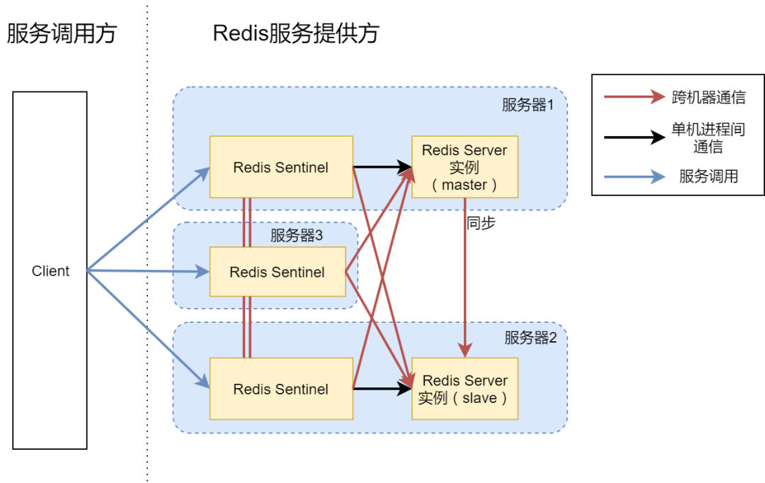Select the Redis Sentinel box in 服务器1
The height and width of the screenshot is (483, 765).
[280, 168]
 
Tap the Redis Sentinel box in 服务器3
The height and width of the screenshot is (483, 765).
[277, 272]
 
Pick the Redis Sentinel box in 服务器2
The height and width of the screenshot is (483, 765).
[280, 389]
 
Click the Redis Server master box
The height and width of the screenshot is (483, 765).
[465, 167]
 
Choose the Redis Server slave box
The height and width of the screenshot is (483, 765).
[465, 389]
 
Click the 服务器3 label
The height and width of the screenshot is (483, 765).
[296, 236]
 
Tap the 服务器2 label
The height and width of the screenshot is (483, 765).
[531, 338]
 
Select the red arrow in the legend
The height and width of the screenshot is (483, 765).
[634, 97]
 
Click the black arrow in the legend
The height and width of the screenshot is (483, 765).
[634, 137]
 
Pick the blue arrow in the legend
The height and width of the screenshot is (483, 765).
[634, 176]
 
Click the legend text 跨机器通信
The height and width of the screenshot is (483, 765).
[708, 97]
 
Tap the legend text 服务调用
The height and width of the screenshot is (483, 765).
[708, 176]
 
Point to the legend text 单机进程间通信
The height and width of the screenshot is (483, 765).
[708, 138]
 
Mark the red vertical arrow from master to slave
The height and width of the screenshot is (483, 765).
[465, 276]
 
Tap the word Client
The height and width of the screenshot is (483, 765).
[50, 271]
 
